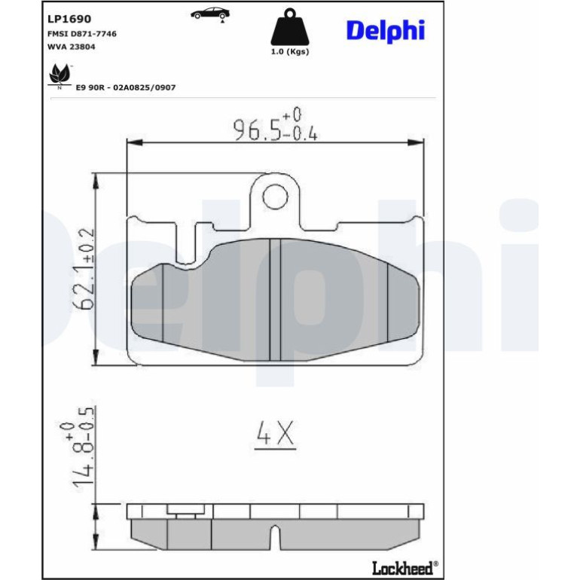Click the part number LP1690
click(x=69, y=19)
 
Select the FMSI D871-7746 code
click(x=82, y=34)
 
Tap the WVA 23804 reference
click(x=71, y=47)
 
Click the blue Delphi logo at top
click(x=386, y=31)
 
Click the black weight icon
click(x=290, y=27)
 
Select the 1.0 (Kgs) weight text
click(x=290, y=52)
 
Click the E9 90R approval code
click(x=125, y=87)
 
